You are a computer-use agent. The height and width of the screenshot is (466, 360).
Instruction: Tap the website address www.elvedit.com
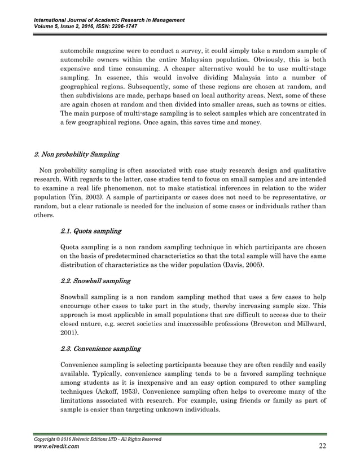[56, 447]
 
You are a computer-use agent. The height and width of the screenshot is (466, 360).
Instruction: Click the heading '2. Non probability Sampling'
[77, 153]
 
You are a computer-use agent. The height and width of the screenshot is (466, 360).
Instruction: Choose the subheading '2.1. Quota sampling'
[90, 231]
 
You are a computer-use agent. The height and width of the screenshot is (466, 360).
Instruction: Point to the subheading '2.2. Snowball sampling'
[95, 280]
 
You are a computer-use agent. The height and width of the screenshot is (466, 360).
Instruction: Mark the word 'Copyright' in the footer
[46, 439]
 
